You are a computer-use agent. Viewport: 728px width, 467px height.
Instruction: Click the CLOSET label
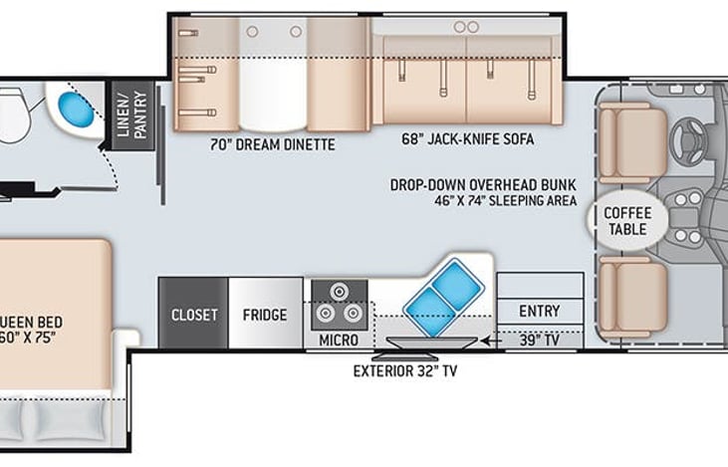(x=194, y=316)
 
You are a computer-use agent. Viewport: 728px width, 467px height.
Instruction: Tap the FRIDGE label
(x=265, y=316)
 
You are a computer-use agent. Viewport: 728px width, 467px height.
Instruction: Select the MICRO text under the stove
(x=339, y=341)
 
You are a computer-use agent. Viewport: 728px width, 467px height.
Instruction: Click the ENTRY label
(x=540, y=311)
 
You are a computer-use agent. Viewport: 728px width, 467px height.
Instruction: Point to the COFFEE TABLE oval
(x=627, y=220)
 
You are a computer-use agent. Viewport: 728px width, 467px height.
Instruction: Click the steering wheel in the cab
(x=688, y=137)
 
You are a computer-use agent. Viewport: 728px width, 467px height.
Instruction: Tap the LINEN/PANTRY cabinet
(x=132, y=116)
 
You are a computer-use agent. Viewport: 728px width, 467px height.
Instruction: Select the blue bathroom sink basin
(x=76, y=110)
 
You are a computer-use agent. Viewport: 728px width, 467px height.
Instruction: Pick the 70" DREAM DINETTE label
(x=273, y=144)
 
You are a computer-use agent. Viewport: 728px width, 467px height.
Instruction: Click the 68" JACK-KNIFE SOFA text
(x=467, y=138)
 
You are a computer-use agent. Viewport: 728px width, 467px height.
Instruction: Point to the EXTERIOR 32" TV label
(x=405, y=370)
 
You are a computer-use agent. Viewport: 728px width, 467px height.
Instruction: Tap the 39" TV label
(x=540, y=341)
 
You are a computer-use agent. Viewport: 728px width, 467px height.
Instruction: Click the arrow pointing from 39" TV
(x=491, y=342)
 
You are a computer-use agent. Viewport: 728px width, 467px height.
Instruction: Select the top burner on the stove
(x=340, y=292)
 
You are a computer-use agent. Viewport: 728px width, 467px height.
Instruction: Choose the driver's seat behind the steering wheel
(x=633, y=142)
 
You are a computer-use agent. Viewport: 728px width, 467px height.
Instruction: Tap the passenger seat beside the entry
(x=633, y=297)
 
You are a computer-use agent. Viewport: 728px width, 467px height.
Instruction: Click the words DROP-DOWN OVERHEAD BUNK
(x=483, y=185)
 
